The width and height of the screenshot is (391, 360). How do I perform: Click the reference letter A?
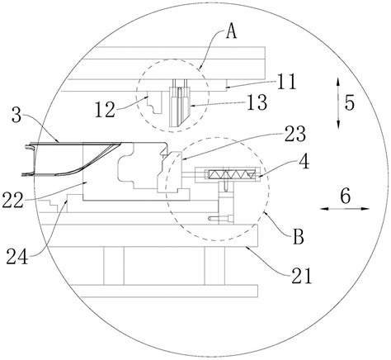(x=231, y=33)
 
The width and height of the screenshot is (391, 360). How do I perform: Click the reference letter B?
(x=299, y=237)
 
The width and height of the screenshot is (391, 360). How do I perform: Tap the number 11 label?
(x=287, y=82)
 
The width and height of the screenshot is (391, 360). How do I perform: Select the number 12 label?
(x=105, y=110)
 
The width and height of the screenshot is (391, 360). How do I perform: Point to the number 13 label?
(x=257, y=102)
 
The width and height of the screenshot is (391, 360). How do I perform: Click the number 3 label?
(x=16, y=116)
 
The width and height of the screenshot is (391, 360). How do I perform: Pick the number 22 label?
(x=12, y=201)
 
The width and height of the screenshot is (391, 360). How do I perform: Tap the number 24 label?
(x=17, y=257)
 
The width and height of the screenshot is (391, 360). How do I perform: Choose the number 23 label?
(x=295, y=134)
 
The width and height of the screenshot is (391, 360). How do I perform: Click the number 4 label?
(x=304, y=163)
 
